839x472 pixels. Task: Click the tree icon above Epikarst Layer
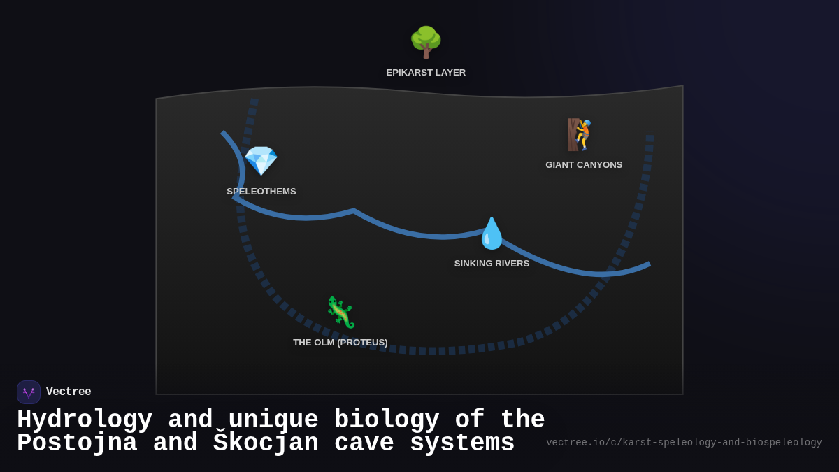(x=426, y=42)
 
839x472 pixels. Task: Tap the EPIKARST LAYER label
(x=426, y=73)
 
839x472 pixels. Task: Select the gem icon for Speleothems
(x=261, y=160)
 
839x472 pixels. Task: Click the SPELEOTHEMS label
(x=261, y=192)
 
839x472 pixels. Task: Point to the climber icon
(x=580, y=134)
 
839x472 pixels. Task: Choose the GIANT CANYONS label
(x=584, y=165)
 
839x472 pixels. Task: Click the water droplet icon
(x=492, y=234)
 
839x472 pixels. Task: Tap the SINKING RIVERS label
(x=492, y=264)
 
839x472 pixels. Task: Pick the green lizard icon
(x=340, y=312)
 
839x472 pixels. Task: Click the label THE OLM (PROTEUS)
(x=340, y=343)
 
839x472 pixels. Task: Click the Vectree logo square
(x=29, y=392)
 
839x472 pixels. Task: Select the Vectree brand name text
(x=69, y=392)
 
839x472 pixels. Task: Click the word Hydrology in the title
(x=85, y=420)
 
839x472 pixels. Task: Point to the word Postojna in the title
(x=77, y=443)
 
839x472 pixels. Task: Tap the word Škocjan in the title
(x=266, y=443)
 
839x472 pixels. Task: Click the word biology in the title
(x=387, y=420)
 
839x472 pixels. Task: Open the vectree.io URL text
(x=684, y=443)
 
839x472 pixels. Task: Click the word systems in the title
(x=462, y=443)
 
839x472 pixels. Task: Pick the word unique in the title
(x=273, y=420)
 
